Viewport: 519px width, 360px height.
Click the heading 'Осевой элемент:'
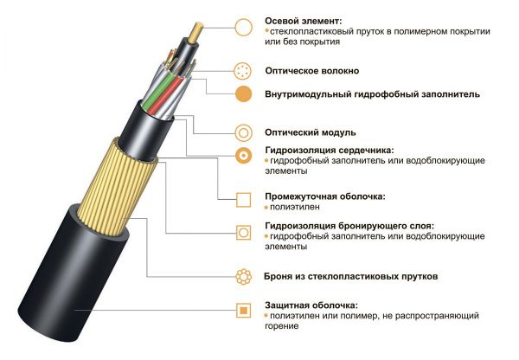(x=304, y=20)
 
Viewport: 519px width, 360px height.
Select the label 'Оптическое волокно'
(x=312, y=70)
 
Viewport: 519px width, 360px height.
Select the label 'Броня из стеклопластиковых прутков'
(x=351, y=277)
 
